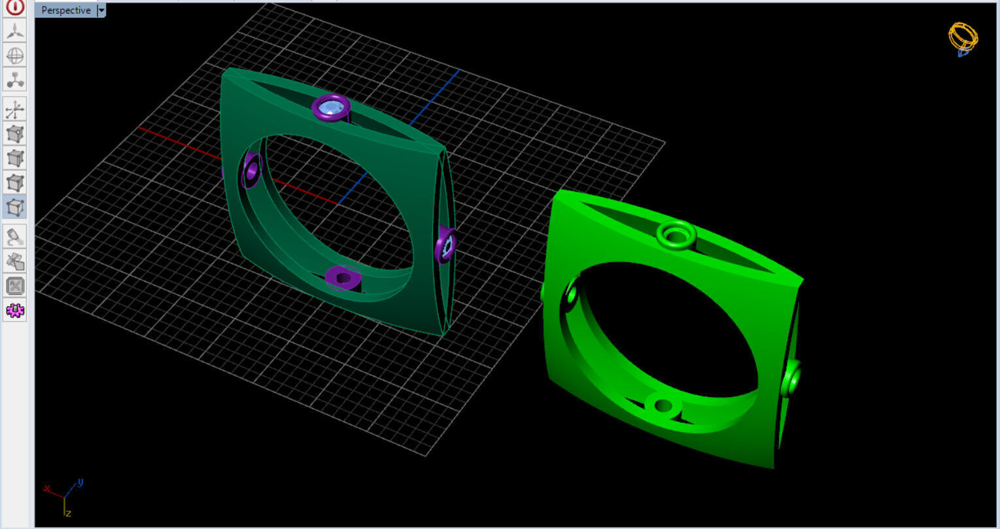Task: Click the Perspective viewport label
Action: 65,10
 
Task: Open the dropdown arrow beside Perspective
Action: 101,10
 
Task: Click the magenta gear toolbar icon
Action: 15,311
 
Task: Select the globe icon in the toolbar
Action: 15,56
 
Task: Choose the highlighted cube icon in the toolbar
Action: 15,207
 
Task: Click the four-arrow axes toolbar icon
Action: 15,109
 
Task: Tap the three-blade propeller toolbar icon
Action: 15,30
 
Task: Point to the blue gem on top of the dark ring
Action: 332,107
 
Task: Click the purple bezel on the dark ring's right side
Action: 446,245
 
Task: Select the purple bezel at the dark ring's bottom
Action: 343,277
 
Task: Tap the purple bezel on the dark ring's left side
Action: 251,171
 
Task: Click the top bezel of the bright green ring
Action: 676,234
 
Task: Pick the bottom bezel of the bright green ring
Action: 663,405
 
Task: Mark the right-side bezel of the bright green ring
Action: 792,378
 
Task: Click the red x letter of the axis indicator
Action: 46,488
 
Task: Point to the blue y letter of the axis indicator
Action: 80,483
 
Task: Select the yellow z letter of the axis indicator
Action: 67,513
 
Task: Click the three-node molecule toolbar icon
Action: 15,80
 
